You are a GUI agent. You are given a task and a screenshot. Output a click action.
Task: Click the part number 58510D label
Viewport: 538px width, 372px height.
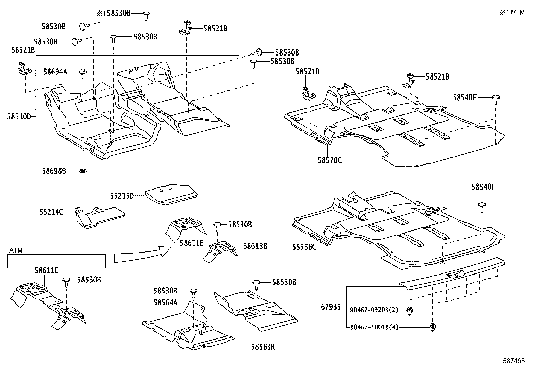click(x=19, y=117)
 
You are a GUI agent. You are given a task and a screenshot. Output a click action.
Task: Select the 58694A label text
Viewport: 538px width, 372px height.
click(x=55, y=72)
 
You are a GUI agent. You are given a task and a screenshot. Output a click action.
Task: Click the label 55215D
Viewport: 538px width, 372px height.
click(x=122, y=196)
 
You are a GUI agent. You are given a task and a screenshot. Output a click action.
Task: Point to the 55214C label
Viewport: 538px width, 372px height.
click(x=51, y=212)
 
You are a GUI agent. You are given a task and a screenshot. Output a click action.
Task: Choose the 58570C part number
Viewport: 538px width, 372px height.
click(x=329, y=160)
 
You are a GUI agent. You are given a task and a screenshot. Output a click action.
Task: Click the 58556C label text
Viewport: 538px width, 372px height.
click(x=304, y=247)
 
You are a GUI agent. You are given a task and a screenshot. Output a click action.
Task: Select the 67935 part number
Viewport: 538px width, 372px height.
click(x=331, y=307)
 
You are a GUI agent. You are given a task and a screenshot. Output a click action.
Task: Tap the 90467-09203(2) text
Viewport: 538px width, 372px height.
click(x=374, y=309)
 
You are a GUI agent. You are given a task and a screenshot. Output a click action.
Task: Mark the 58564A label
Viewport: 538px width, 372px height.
click(x=165, y=302)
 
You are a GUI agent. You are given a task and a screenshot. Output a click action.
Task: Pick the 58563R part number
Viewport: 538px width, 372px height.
click(x=263, y=347)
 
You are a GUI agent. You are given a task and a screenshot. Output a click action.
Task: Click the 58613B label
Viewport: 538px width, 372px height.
click(x=255, y=246)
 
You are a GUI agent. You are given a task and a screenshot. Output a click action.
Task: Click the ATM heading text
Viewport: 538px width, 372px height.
click(x=16, y=250)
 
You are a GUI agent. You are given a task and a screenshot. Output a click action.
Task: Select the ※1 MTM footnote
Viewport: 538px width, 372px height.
click(x=512, y=13)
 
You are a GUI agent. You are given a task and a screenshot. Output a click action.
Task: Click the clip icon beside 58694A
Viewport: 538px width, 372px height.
click(x=82, y=71)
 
